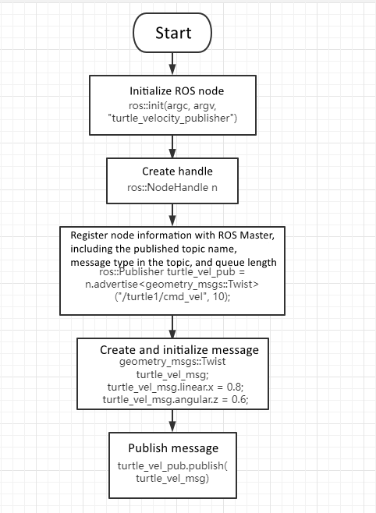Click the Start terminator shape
point(172,34)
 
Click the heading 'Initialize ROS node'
point(172,90)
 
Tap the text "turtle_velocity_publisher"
point(172,118)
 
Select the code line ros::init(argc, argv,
point(172,104)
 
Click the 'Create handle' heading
point(172,171)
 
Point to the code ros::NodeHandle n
point(172,188)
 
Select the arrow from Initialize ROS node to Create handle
point(172,146)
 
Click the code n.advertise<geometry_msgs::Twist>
point(172,284)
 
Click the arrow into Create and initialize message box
point(172,326)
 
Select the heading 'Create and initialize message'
point(173,349)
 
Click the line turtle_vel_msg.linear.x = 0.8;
point(173,387)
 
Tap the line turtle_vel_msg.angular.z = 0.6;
point(173,400)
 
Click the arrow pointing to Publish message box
point(172,422)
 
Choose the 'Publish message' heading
point(172,448)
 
